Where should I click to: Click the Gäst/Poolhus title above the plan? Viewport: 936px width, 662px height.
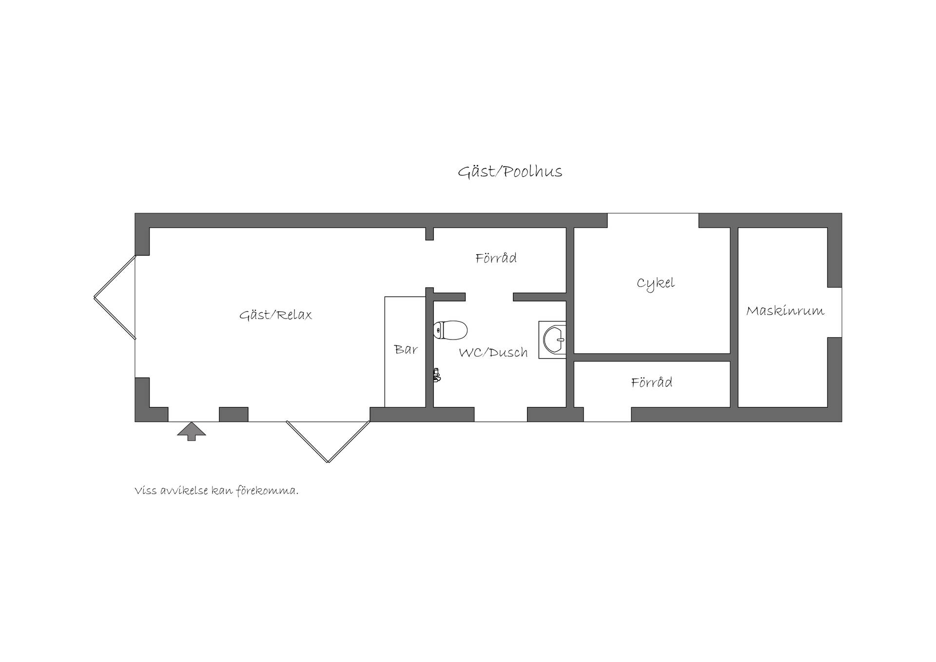coord(510,172)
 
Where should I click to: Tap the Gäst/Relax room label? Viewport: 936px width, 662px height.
coord(275,315)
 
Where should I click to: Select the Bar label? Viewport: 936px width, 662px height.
coord(406,349)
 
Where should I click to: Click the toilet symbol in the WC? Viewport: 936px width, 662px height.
coord(450,330)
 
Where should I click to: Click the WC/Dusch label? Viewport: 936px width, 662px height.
coord(493,352)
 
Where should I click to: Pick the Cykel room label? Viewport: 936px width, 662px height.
coord(656,283)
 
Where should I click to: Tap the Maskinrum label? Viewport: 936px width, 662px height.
coord(785,311)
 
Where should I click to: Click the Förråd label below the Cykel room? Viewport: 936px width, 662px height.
coord(652,382)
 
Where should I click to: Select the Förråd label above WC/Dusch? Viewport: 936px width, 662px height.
coord(496,258)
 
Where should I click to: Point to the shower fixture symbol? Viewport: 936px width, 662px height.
coord(437,375)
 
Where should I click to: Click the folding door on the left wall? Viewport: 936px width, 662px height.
coord(115,297)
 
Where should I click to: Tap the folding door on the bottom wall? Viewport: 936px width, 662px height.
coord(328,441)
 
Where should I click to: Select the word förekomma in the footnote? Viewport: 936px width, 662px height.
coord(267,491)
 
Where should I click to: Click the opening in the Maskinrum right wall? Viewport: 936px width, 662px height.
coord(835,312)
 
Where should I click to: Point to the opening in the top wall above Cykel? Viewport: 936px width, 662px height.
coord(653,221)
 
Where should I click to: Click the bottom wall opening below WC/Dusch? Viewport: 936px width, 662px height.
coord(501,414)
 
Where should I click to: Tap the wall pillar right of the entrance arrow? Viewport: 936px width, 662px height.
coord(234,414)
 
